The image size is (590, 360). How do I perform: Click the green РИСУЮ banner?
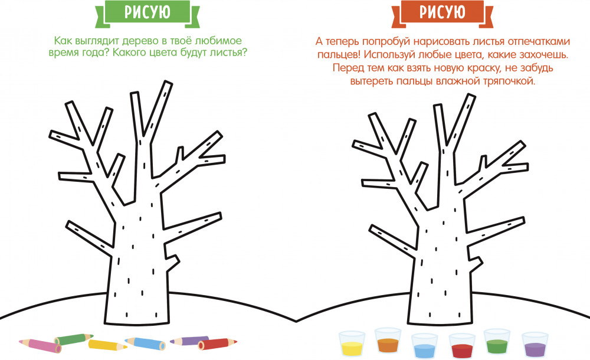click(x=147, y=14)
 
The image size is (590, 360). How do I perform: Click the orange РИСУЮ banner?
click(x=442, y=14)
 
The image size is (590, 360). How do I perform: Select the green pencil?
click(x=74, y=339)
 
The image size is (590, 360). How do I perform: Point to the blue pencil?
click(x=145, y=343)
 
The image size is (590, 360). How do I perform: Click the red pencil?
click(x=218, y=344)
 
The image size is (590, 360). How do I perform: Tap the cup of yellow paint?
click(x=352, y=343)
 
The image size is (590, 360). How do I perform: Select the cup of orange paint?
click(x=388, y=340)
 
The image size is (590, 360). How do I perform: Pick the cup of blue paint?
click(x=424, y=345)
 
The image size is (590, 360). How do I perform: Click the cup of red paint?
click(x=462, y=345)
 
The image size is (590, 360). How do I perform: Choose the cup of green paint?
click(x=497, y=341)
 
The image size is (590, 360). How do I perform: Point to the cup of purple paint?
click(x=535, y=344)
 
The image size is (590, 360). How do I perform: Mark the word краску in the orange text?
click(x=482, y=68)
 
